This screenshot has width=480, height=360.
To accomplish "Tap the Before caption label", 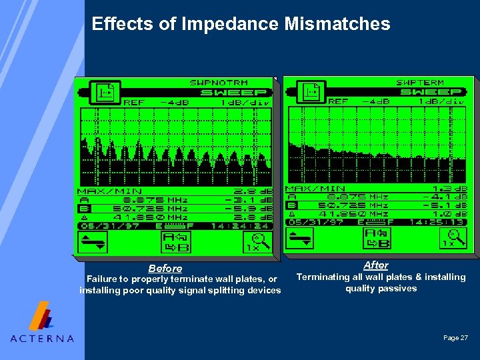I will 165,269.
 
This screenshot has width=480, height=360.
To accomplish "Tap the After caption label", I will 375,265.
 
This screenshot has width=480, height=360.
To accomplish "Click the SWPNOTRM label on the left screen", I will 228,83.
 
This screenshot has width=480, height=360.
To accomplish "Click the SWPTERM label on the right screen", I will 420,83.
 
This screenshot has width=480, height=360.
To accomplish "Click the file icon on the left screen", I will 105,93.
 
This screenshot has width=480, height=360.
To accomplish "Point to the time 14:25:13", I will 442,223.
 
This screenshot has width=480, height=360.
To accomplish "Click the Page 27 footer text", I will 455,338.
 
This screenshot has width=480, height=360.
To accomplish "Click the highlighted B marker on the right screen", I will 291,205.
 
